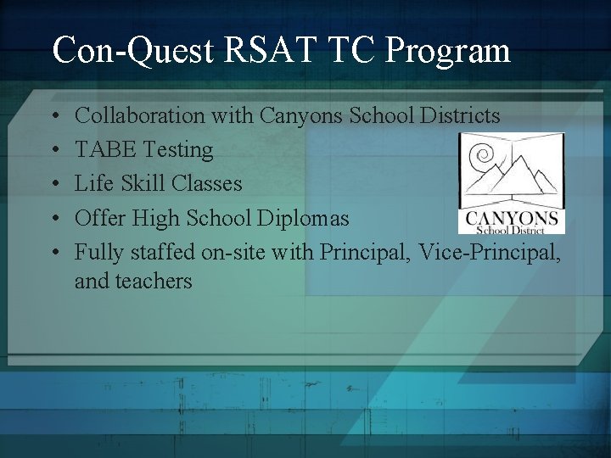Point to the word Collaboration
(140, 115)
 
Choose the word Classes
(207, 184)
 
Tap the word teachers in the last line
(158, 281)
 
